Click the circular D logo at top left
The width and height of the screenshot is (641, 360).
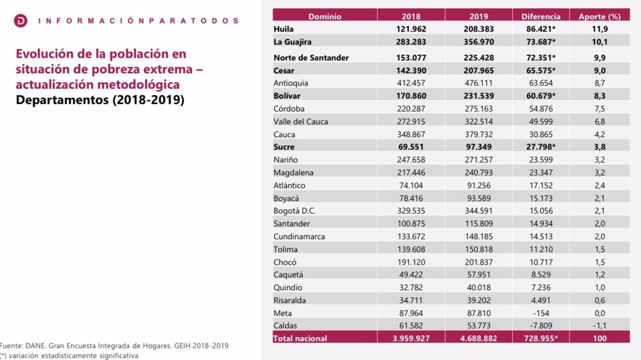[x=21, y=21]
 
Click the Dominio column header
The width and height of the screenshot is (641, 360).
[x=324, y=17]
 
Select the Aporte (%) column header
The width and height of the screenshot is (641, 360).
[x=599, y=17]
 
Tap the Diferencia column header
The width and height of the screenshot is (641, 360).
[x=541, y=17]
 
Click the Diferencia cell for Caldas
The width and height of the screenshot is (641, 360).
[x=541, y=326]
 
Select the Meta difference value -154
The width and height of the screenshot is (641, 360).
[x=541, y=313]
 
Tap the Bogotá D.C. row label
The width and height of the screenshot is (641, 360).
[x=294, y=211]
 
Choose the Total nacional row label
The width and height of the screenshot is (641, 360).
[x=300, y=339]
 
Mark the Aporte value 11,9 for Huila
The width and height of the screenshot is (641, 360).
[x=599, y=29]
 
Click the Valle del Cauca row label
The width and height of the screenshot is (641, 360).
[x=301, y=122]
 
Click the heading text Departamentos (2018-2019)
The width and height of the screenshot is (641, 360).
[x=100, y=100]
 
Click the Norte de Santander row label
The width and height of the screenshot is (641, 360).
[x=311, y=58]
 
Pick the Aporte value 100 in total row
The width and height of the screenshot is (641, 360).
[x=599, y=339]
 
